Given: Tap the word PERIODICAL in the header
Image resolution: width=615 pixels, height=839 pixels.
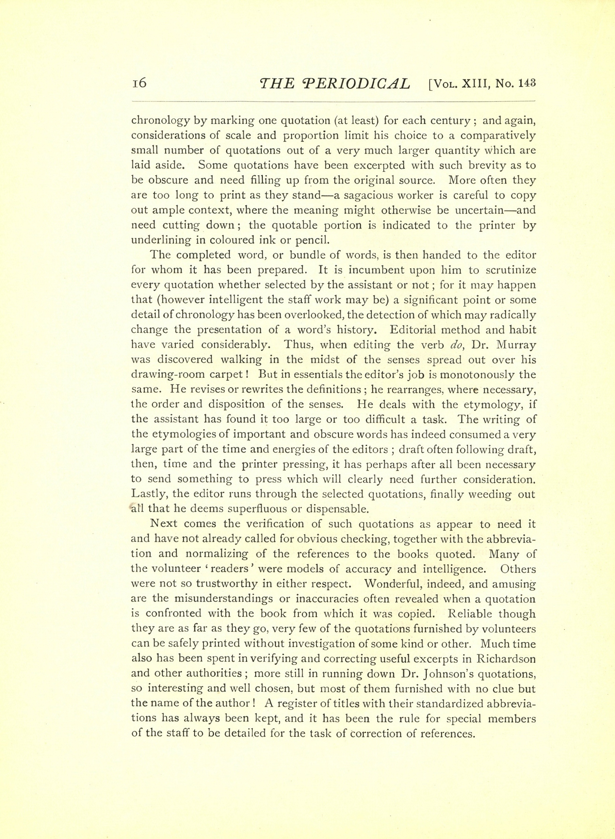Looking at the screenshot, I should click(x=357, y=84).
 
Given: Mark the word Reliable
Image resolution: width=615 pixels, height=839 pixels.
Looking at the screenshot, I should click(x=471, y=614).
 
